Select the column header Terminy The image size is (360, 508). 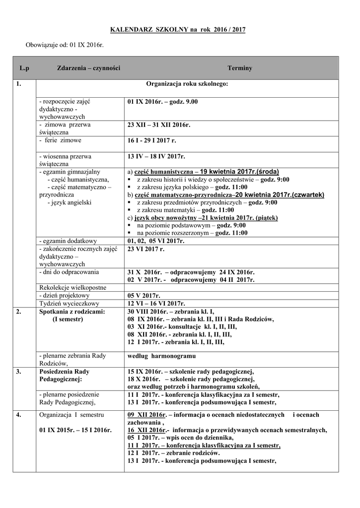(240, 68)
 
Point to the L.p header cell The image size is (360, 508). (24, 68)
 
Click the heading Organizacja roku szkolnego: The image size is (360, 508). (187, 84)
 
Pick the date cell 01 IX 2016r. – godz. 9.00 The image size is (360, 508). (162, 102)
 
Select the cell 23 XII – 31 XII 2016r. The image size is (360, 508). (159, 125)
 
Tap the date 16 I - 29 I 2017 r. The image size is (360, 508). (151, 141)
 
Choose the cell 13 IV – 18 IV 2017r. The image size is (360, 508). (156, 157)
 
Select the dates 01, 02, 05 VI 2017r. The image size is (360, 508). (156, 241)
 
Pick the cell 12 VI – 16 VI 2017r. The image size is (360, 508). (156, 304)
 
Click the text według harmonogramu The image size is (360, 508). (161, 356)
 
